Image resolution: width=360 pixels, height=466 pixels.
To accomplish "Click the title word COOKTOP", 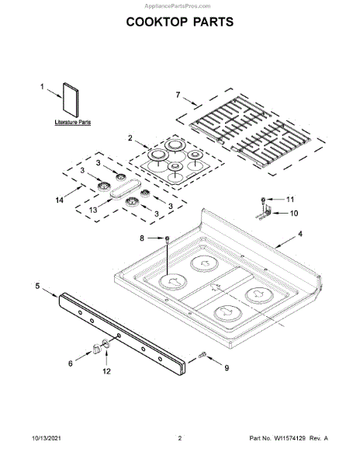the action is coord(157,22).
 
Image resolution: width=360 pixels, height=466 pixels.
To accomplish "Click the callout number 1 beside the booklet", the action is coord(42,86).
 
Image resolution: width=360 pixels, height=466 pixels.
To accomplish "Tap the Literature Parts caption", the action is coord(73,122).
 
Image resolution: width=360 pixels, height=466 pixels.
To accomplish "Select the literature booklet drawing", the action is coord(71,100).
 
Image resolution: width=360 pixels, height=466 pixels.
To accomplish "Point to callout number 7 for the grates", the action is coord(178,95).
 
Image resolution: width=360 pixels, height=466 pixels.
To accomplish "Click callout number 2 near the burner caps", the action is coord(130,138).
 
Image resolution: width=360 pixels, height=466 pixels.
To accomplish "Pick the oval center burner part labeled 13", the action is coord(124,189).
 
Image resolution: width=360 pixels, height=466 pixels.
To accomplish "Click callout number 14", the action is coord(60,200).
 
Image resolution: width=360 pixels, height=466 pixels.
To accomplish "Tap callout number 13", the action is coord(93,210).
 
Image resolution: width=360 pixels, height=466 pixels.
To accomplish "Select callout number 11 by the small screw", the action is coord(290,200).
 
